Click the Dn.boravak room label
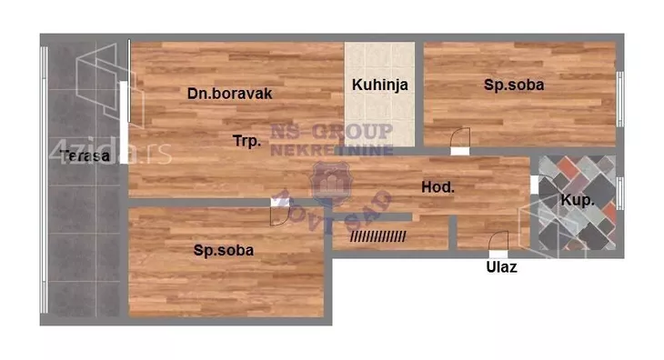click(x=230, y=93)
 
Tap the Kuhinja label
click(x=380, y=85)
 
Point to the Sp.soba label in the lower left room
click(x=223, y=249)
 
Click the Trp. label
click(x=247, y=141)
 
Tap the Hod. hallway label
click(x=438, y=187)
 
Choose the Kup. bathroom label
click(x=578, y=200)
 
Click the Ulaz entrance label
click(x=500, y=268)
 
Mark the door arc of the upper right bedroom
click(x=460, y=139)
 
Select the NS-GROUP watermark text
click(x=333, y=131)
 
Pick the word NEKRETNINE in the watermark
click(x=333, y=149)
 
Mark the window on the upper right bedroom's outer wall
click(x=620, y=95)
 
